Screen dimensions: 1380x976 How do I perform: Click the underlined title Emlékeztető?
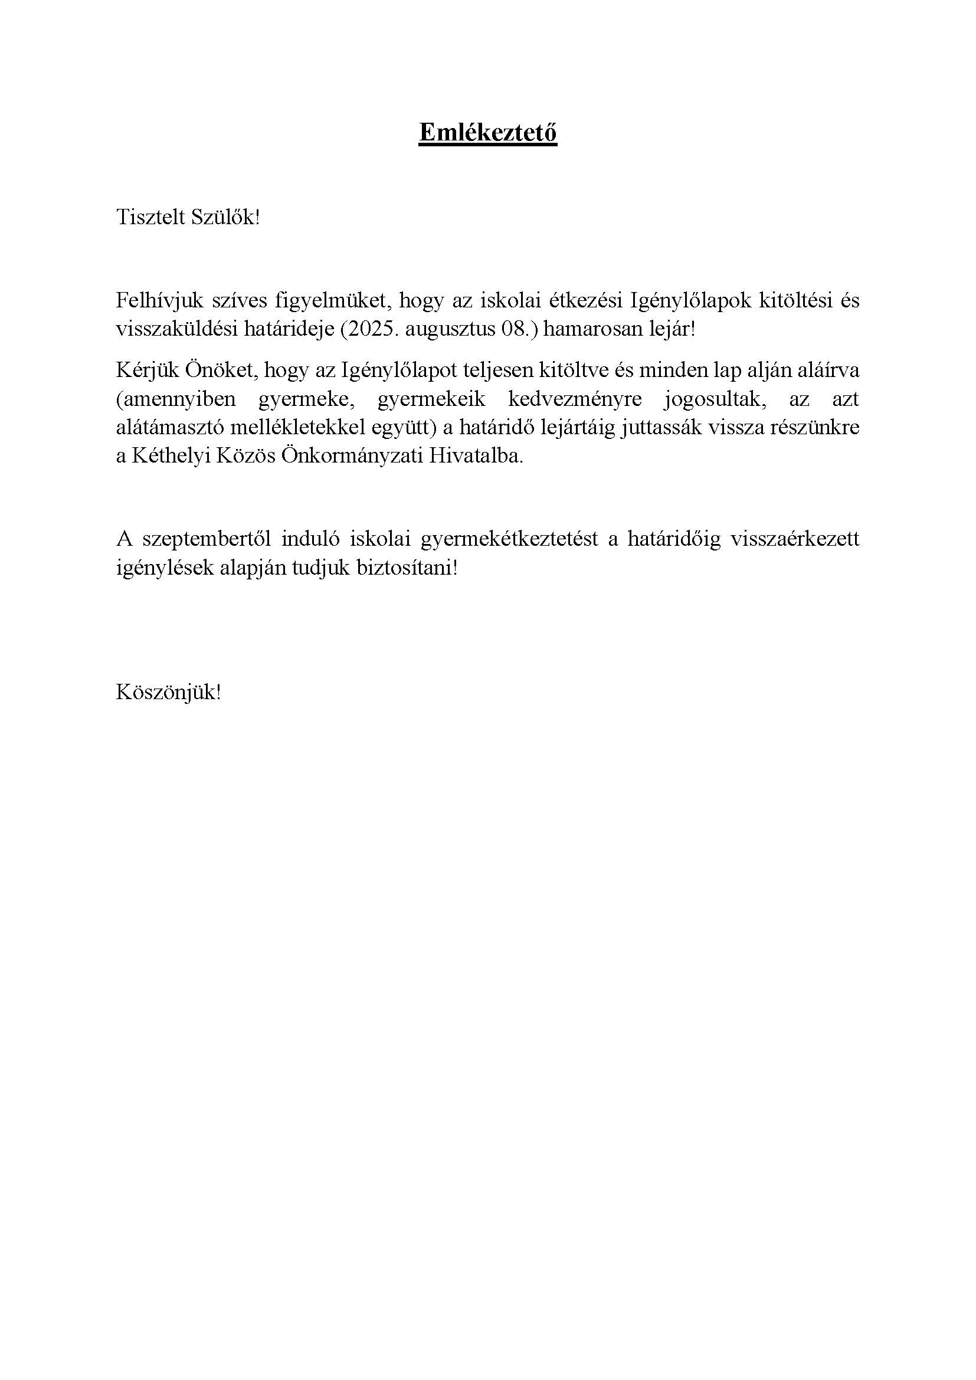[x=487, y=132]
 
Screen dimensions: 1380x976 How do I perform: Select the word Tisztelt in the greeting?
[x=150, y=218]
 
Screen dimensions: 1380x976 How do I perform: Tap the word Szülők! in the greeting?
[x=225, y=218]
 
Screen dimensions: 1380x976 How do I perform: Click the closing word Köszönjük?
[x=169, y=693]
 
